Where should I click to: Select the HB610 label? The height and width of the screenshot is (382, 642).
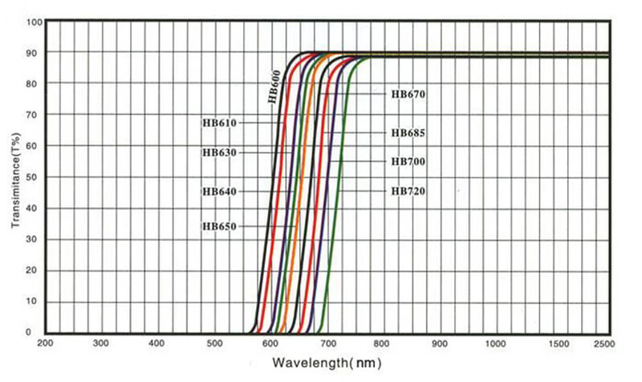click(217, 122)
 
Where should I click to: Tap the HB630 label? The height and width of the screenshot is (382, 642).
click(217, 152)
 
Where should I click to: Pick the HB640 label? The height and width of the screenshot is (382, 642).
click(217, 192)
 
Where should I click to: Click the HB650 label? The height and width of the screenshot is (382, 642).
click(217, 227)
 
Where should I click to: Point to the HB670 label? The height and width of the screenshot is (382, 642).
click(408, 95)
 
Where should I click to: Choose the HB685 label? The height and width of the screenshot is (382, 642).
click(408, 133)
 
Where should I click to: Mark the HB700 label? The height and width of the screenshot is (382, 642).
click(408, 162)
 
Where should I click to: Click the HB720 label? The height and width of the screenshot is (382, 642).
click(408, 191)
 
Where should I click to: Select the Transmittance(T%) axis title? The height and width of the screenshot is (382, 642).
click(15, 177)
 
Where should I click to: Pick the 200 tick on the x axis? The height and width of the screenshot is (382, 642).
click(45, 343)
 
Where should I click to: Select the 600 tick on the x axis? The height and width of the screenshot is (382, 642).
click(270, 343)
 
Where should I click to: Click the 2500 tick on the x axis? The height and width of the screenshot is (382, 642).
click(603, 343)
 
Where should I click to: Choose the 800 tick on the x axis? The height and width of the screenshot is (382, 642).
click(382, 343)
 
